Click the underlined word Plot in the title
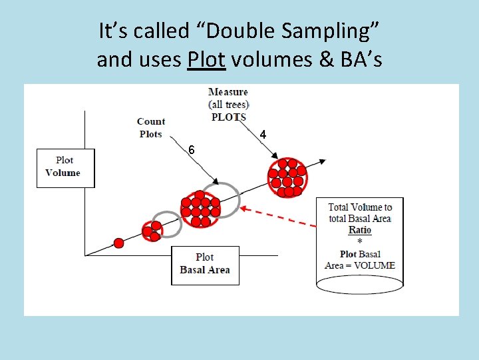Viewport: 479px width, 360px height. click(207, 60)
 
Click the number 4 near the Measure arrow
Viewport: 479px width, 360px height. click(263, 135)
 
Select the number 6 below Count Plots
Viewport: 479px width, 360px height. click(191, 150)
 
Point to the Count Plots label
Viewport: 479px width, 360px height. click(151, 127)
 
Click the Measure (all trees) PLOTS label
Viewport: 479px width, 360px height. click(228, 104)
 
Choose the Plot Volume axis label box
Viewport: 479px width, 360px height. click(65, 167)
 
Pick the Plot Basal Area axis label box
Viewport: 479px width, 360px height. click(204, 264)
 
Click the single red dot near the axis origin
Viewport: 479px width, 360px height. click(118, 243)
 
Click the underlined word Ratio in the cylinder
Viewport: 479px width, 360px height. click(360, 230)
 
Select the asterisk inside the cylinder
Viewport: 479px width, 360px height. click(360, 241)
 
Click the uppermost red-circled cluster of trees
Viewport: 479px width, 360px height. click(286, 177)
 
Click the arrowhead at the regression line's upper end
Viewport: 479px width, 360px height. click(322, 161)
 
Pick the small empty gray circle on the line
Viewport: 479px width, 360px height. click(167, 224)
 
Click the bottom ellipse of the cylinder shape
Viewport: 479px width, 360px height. click(359, 285)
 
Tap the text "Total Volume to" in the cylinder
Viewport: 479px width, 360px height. click(360, 207)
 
